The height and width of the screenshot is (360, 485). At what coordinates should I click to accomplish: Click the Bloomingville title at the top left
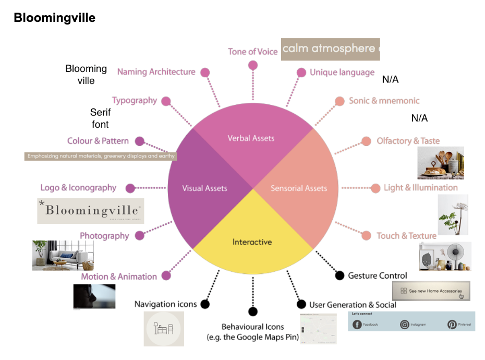55,18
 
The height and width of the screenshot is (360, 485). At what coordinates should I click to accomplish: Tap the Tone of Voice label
252,52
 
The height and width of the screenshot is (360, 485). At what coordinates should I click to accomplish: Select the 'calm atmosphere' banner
330,49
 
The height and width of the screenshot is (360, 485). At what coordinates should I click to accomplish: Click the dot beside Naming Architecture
205,73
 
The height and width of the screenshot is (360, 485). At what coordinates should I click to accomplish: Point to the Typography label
135,100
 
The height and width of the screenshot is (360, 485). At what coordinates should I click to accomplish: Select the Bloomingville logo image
91,211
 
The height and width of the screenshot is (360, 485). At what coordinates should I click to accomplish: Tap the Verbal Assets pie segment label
251,138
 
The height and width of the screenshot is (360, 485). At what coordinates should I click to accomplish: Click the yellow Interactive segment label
252,242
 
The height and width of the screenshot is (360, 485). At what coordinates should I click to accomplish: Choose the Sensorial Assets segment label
299,188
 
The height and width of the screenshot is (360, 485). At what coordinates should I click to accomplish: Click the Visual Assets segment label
204,188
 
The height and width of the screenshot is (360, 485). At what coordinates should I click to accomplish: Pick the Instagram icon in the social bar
405,325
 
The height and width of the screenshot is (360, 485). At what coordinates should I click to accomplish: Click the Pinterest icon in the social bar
452,325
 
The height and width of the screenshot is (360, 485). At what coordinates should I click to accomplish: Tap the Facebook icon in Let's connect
357,325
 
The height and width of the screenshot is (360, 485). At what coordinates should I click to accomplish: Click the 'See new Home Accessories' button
431,291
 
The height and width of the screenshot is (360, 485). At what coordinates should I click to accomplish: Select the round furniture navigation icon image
164,329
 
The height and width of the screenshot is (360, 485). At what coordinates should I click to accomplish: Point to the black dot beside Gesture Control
339,275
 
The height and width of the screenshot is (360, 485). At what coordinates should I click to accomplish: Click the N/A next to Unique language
390,80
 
